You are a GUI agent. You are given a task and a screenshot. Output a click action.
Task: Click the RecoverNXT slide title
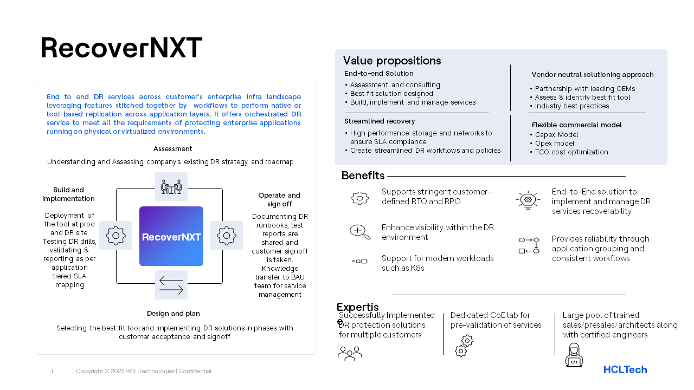tap(121, 48)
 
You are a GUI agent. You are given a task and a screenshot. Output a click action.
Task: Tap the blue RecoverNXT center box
tap(171, 236)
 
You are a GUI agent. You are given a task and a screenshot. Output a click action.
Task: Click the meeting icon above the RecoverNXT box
tap(171, 187)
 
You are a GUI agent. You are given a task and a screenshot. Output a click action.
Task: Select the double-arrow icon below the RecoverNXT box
tap(171, 285)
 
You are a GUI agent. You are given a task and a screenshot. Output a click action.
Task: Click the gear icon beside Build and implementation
tap(115, 236)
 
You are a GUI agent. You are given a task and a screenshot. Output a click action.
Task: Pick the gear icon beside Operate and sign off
tap(227, 236)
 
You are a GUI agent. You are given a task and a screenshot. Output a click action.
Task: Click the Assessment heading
tap(172, 149)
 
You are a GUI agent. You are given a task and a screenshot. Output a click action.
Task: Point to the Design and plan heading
tap(173, 314)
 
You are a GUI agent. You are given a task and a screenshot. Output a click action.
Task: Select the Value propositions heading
tap(392, 61)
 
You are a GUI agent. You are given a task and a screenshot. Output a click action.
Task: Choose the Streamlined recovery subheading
tap(380, 121)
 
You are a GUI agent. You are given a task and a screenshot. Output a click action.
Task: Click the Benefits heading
tap(363, 175)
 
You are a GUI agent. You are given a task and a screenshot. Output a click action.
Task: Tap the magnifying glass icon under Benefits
tap(360, 232)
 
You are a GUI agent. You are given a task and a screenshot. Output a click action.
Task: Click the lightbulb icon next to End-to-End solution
tap(528, 200)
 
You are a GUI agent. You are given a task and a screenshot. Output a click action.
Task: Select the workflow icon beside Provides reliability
tap(529, 245)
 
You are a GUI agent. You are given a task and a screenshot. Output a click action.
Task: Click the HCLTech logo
tap(625, 370)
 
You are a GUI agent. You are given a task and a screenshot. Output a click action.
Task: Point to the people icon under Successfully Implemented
tap(350, 354)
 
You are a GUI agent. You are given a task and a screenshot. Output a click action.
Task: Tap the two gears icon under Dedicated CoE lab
tap(464, 346)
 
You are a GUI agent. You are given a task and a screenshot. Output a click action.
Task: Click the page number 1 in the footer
tap(52, 371)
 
